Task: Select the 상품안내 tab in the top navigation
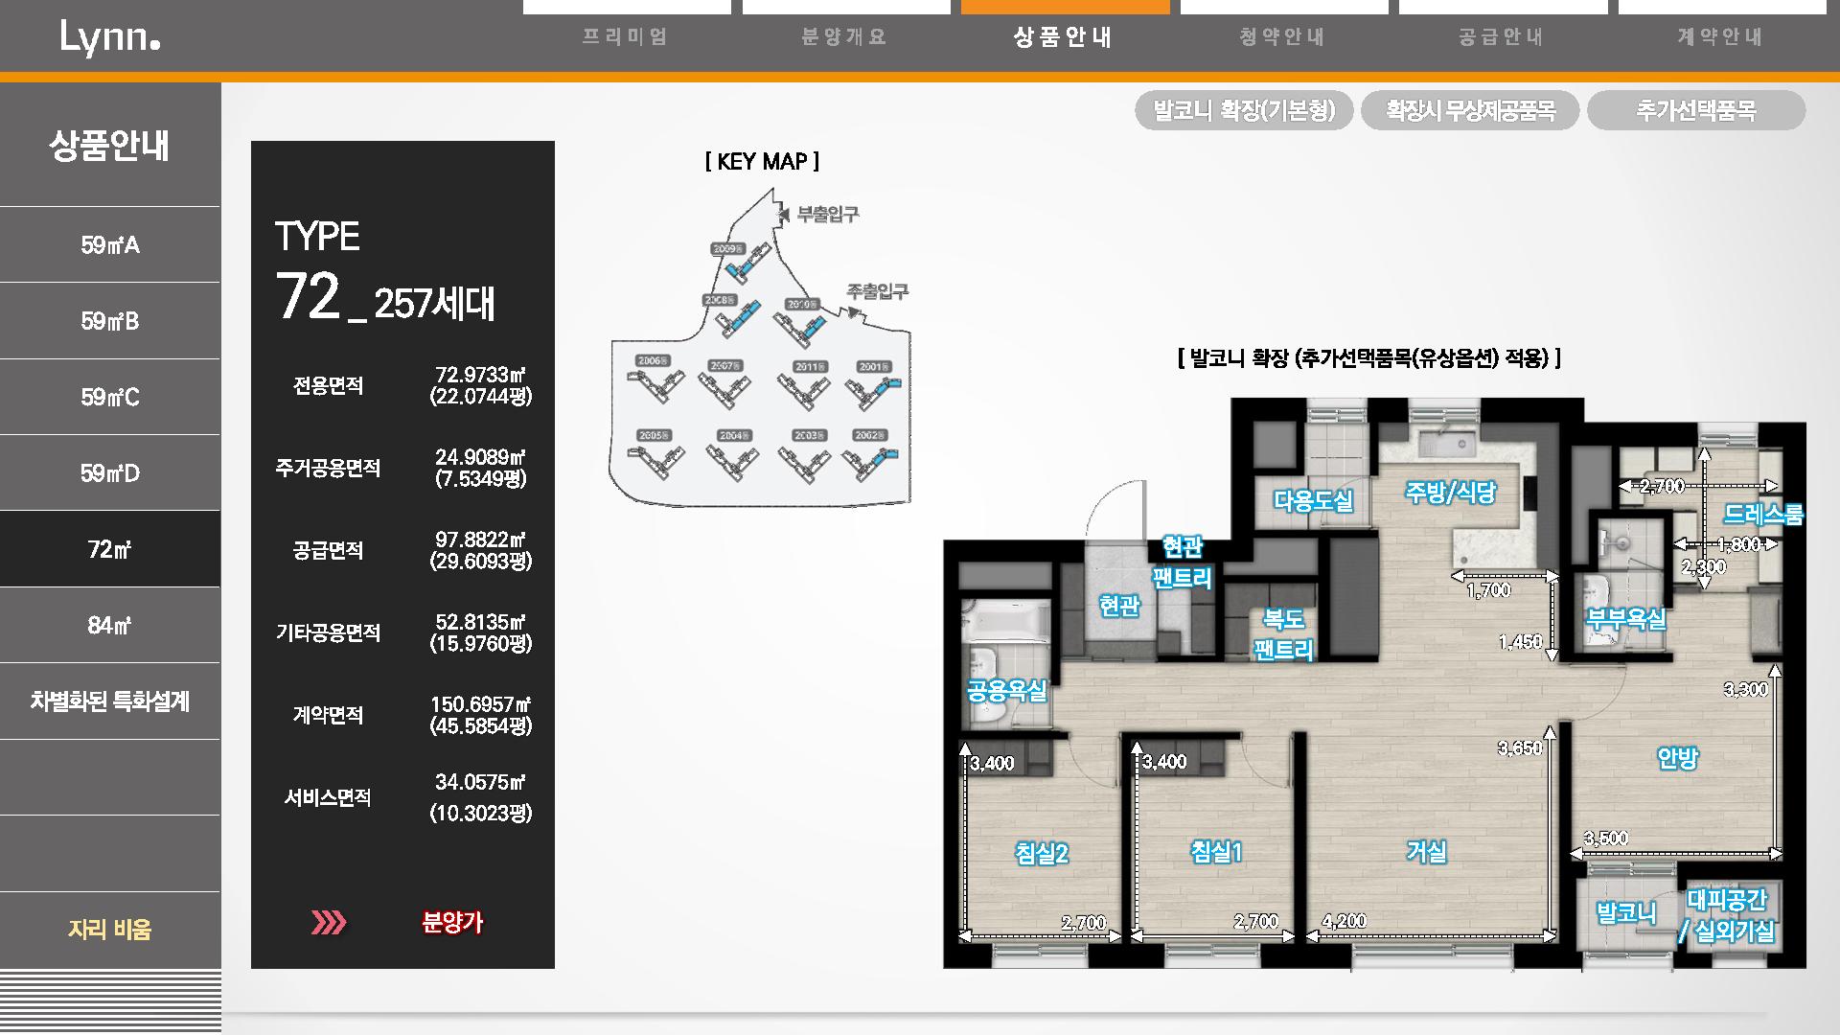tap(1064, 37)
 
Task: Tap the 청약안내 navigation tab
tap(1282, 37)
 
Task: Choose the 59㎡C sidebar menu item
tap(110, 397)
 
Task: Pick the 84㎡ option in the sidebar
tap(110, 625)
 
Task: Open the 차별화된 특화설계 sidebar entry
tap(110, 701)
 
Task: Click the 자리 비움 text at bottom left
tap(110, 929)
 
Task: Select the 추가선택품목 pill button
tap(1695, 110)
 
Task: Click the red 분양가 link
tap(452, 922)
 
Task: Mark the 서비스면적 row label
tap(328, 797)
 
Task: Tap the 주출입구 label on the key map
tap(877, 291)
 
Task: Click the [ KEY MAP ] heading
tap(762, 162)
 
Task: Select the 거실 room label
tap(1426, 851)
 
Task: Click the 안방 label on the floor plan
tap(1677, 758)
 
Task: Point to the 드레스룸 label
tap(1763, 515)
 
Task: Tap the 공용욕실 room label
tap(1006, 691)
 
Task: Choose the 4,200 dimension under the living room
tap(1344, 921)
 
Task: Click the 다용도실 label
tap(1313, 499)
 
